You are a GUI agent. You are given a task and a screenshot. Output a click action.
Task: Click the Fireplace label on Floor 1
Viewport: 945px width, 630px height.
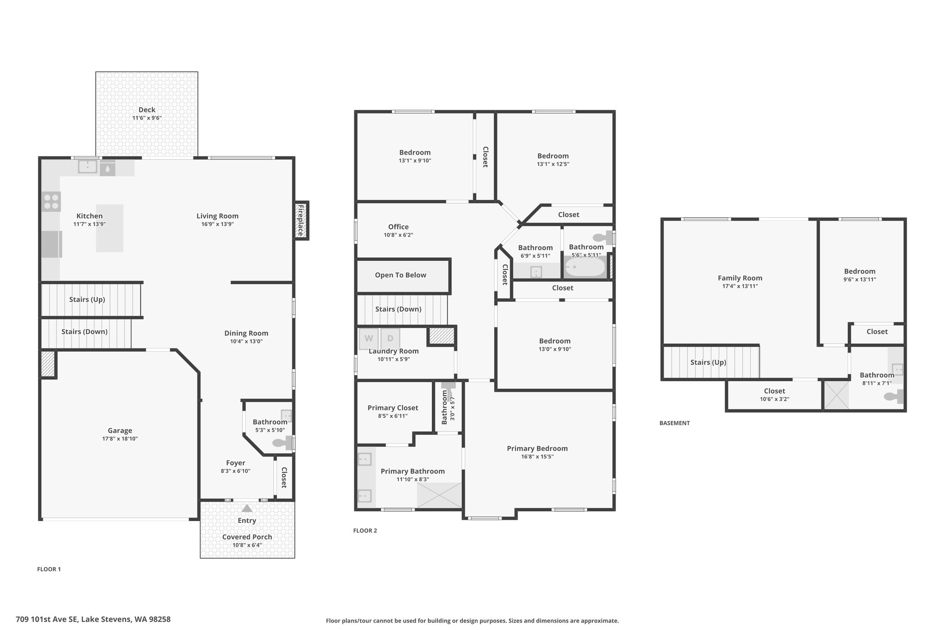pyautogui.click(x=300, y=221)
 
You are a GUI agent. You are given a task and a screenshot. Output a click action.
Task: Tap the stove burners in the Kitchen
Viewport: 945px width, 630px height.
pyautogui.click(x=51, y=201)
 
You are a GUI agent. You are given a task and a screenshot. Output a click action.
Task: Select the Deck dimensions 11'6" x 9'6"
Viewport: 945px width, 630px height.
pyautogui.click(x=147, y=118)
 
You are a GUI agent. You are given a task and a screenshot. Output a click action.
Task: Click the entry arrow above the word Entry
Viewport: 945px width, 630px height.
pyautogui.click(x=247, y=508)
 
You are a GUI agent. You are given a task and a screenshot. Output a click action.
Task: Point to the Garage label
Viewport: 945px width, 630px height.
pyautogui.click(x=120, y=431)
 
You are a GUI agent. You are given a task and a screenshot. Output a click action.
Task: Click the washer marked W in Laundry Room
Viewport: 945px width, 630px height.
pyautogui.click(x=369, y=338)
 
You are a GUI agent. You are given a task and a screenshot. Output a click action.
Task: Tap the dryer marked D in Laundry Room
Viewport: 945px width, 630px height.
pyautogui.click(x=390, y=338)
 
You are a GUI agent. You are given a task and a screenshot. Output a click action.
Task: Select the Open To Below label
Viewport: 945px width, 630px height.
pyautogui.click(x=401, y=275)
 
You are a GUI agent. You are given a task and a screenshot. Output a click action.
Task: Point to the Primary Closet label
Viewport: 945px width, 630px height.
pyautogui.click(x=393, y=408)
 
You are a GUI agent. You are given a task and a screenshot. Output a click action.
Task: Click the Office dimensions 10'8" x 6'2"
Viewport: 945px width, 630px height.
pyautogui.click(x=398, y=235)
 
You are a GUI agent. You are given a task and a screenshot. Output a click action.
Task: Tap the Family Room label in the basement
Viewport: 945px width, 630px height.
pyautogui.click(x=740, y=278)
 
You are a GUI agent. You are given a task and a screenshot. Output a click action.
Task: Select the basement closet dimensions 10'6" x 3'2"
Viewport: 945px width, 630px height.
pyautogui.click(x=774, y=399)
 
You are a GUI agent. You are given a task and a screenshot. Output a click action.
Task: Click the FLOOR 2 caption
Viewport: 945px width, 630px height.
pyautogui.click(x=365, y=531)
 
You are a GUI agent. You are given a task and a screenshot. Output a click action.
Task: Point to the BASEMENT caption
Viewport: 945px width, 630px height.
pyautogui.click(x=675, y=423)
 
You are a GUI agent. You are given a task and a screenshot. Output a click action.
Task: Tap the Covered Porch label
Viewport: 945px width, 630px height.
pyautogui.click(x=247, y=537)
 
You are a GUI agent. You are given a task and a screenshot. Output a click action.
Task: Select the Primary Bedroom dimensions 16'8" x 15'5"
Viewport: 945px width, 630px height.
pyautogui.click(x=537, y=457)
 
